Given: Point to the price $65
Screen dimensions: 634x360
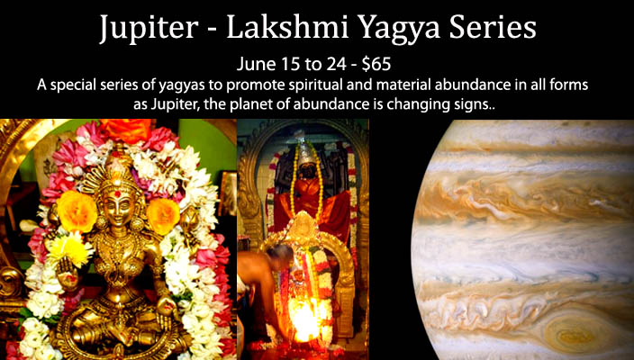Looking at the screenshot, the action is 376,65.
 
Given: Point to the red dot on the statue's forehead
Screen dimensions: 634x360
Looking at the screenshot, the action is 118,194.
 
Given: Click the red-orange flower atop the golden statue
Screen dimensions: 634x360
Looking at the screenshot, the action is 126,130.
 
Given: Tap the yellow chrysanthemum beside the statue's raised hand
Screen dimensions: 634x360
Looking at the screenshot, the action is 73,247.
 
